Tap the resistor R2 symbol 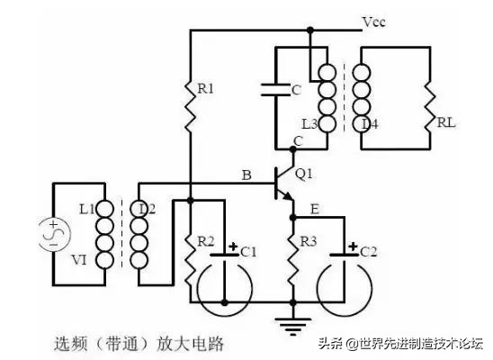[191, 257]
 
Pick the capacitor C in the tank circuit [274, 90]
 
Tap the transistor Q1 [286, 184]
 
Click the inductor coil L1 [104, 235]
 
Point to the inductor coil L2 [140, 235]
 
